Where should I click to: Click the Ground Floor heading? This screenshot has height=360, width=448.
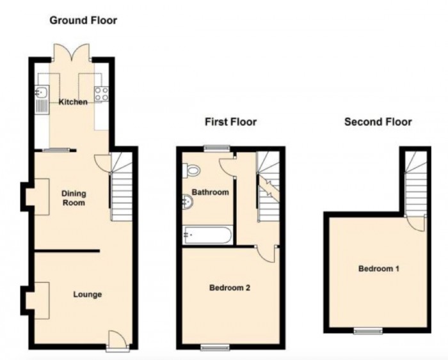pyautogui.click(x=83, y=20)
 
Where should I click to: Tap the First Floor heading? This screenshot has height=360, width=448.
pyautogui.click(x=230, y=121)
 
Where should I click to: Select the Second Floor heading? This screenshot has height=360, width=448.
pyautogui.click(x=378, y=121)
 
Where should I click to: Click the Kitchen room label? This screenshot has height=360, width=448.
pyautogui.click(x=73, y=102)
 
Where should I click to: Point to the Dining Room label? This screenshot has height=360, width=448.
pyautogui.click(x=74, y=198)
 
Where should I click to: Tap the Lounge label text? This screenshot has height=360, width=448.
pyautogui.click(x=88, y=294)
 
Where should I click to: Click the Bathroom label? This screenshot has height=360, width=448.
pyautogui.click(x=211, y=192)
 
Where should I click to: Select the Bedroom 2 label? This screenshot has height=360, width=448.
pyautogui.click(x=229, y=288)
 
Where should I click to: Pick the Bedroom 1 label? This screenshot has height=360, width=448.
pyautogui.click(x=378, y=269)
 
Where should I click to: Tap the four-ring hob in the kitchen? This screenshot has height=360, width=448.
pyautogui.click(x=101, y=95)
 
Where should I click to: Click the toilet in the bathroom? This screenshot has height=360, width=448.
pyautogui.click(x=191, y=170)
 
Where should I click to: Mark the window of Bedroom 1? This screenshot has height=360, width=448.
pyautogui.click(x=368, y=331)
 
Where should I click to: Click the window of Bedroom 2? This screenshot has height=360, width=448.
pyautogui.click(x=210, y=347)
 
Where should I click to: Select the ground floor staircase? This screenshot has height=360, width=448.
pyautogui.click(x=121, y=189)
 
